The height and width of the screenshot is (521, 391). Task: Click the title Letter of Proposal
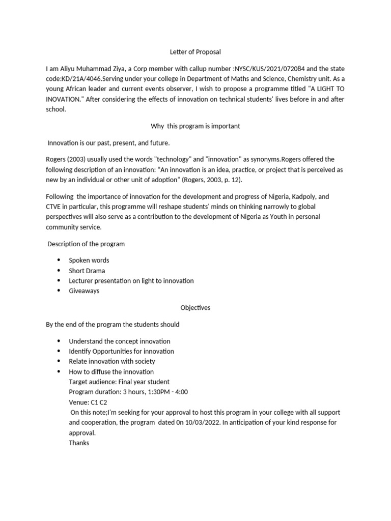pyautogui.click(x=195, y=51)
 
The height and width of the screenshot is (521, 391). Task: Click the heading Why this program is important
pyautogui.click(x=195, y=126)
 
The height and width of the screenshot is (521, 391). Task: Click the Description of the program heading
pyautogui.click(x=86, y=244)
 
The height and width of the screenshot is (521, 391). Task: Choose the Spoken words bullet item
pyautogui.click(x=89, y=260)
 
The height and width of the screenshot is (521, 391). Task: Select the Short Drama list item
pyautogui.click(x=87, y=271)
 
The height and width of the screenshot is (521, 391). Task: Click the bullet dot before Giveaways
pyautogui.click(x=59, y=291)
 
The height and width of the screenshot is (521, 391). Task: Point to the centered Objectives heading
pyautogui.click(x=195, y=308)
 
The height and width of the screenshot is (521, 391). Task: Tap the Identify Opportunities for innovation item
pyautogui.click(x=121, y=351)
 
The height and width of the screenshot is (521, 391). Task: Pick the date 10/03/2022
pyautogui.click(x=204, y=422)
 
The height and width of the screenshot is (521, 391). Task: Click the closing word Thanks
pyautogui.click(x=79, y=443)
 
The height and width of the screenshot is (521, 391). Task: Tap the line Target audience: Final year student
pyautogui.click(x=119, y=382)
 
